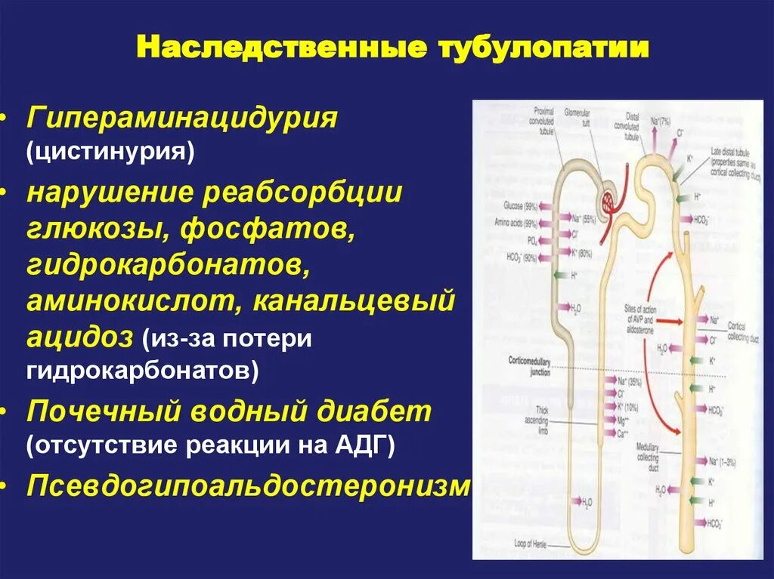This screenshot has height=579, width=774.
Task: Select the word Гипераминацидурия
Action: [x=182, y=118]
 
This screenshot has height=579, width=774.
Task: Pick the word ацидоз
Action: [x=79, y=336]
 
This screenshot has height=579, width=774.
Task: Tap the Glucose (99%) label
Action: [x=520, y=206]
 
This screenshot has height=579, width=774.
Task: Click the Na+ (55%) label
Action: [x=584, y=219]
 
